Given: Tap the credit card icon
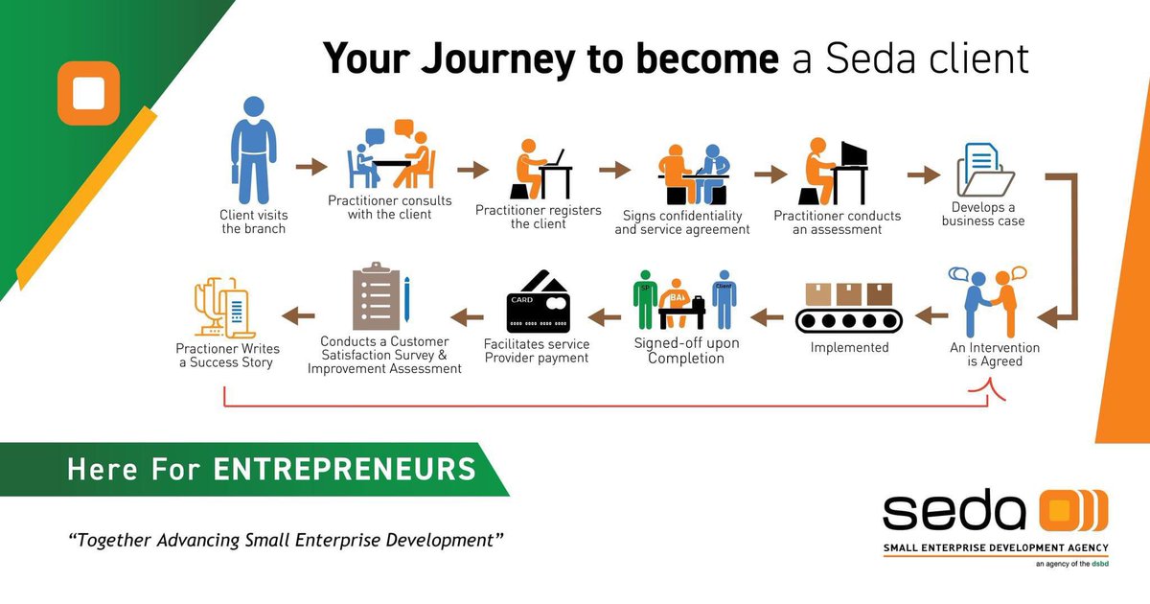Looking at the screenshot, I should point(538,302).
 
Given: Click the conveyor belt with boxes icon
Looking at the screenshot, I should point(848,306).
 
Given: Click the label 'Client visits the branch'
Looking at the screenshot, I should point(253,221).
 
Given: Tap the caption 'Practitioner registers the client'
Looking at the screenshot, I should point(538,217).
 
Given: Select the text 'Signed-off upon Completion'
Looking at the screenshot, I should point(686,351).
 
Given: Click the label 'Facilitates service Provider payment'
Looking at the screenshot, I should point(536,351).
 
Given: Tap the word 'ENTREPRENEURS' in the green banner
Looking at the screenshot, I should point(344,469).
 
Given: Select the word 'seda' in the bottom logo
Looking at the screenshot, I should point(953,514).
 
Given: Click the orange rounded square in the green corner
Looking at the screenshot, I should point(88,94).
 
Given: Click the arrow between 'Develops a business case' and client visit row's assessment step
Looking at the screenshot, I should point(924,174).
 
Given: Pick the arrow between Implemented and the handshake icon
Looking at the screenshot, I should point(930,314).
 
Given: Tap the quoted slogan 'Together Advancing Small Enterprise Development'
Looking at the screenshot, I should point(286,539).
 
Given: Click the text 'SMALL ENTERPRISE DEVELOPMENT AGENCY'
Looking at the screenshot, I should point(995,548).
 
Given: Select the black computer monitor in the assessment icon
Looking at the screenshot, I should point(853,153).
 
